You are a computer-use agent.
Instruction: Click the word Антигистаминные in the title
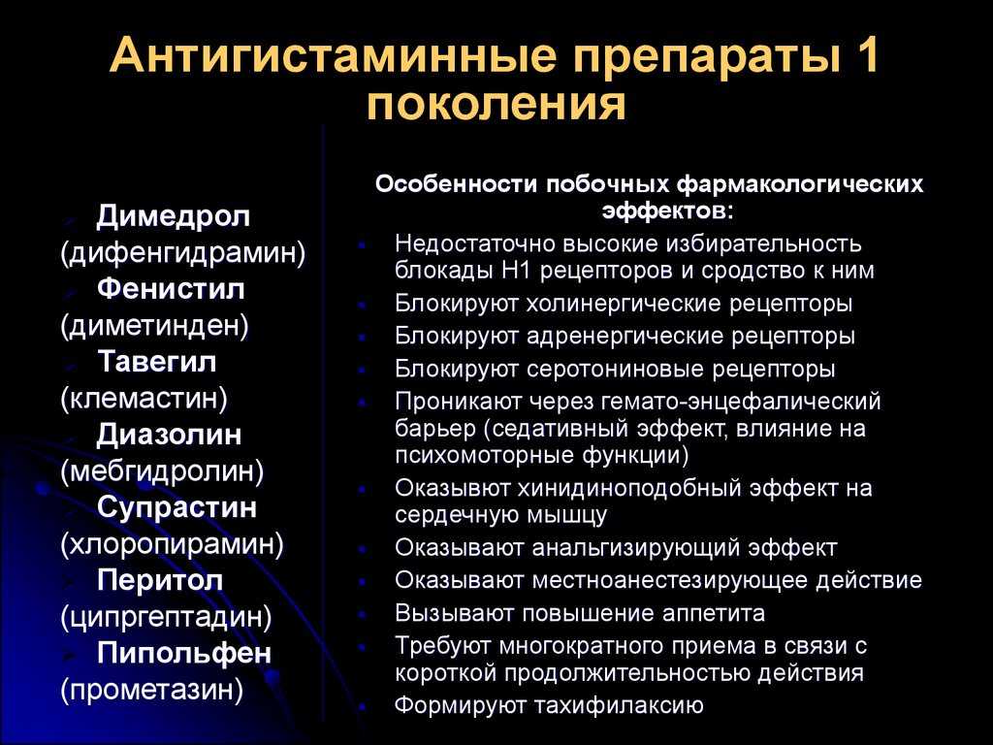[x=333, y=55]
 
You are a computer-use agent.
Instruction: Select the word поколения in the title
[x=496, y=103]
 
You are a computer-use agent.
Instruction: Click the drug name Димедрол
[x=173, y=216]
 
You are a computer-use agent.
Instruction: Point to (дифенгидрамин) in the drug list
[x=183, y=253]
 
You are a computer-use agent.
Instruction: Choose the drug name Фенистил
[x=171, y=289]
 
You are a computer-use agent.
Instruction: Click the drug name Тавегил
[x=157, y=362]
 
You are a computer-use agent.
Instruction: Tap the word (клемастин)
[x=144, y=399]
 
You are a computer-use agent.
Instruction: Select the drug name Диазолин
[x=169, y=436]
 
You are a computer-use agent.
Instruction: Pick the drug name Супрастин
[x=176, y=508]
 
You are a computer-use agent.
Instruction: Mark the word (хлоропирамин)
[x=173, y=544]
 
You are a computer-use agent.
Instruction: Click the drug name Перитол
[x=160, y=581]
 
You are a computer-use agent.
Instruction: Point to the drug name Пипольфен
[x=184, y=653]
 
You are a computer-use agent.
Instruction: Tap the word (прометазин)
[x=152, y=690]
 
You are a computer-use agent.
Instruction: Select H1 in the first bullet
[x=517, y=271]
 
